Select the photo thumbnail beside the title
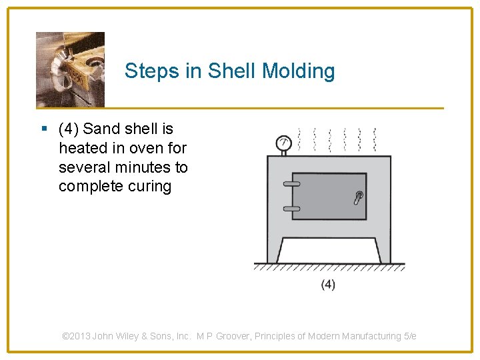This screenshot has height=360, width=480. pos(70,69)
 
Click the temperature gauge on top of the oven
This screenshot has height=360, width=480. pos(283,143)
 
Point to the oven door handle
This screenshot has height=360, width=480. pos(358,198)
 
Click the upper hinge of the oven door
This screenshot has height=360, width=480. pos(291,183)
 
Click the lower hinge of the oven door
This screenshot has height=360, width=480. pos(291,209)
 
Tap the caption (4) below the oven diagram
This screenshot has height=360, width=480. pos(328,285)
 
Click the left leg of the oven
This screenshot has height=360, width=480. pos(273,250)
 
